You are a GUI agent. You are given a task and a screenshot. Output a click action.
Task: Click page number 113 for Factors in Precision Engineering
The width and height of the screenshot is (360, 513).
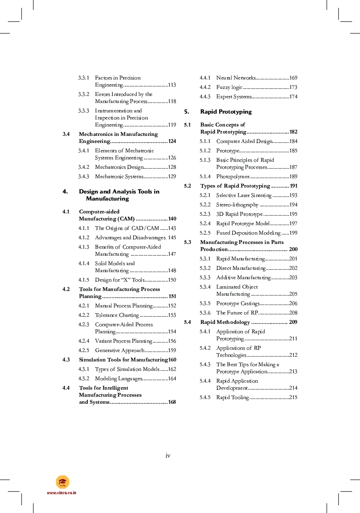coord(172,85)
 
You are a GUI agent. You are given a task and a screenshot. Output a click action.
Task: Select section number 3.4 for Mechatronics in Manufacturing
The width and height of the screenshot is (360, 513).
coord(66,134)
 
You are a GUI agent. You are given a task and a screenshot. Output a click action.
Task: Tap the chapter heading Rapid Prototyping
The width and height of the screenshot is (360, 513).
coord(226,112)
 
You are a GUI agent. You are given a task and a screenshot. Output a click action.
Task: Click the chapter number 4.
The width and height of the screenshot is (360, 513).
coord(65,191)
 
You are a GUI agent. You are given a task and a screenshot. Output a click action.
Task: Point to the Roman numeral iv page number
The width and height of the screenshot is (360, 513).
coord(168,455)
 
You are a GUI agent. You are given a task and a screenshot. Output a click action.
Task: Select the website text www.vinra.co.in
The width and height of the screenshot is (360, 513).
coord(61,493)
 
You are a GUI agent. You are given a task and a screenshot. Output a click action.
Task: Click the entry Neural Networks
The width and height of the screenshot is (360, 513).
coord(236,78)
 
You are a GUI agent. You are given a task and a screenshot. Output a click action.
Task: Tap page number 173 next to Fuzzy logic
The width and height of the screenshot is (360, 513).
coord(293,87)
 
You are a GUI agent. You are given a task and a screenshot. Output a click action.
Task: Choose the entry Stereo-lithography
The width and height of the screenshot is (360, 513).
coord(237,205)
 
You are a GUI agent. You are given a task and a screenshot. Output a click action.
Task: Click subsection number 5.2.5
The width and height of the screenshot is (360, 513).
coord(205,233)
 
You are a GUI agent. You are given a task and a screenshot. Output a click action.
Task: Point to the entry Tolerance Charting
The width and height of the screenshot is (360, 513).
coord(117,315)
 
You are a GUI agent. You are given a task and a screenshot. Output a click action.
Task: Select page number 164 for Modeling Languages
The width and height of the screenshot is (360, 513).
coord(172,379)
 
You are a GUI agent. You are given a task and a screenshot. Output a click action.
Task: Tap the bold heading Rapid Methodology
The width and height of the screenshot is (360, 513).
coord(225,322)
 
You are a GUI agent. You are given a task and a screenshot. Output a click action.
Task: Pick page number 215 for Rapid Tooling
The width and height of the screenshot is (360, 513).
coord(293,397)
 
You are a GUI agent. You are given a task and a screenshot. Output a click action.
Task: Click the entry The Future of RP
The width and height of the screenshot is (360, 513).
coord(237,313)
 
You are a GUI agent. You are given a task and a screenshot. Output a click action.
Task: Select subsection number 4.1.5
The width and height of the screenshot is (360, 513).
coord(84,280)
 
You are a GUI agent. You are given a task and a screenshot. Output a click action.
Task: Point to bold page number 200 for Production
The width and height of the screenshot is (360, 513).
coord(293,249)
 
